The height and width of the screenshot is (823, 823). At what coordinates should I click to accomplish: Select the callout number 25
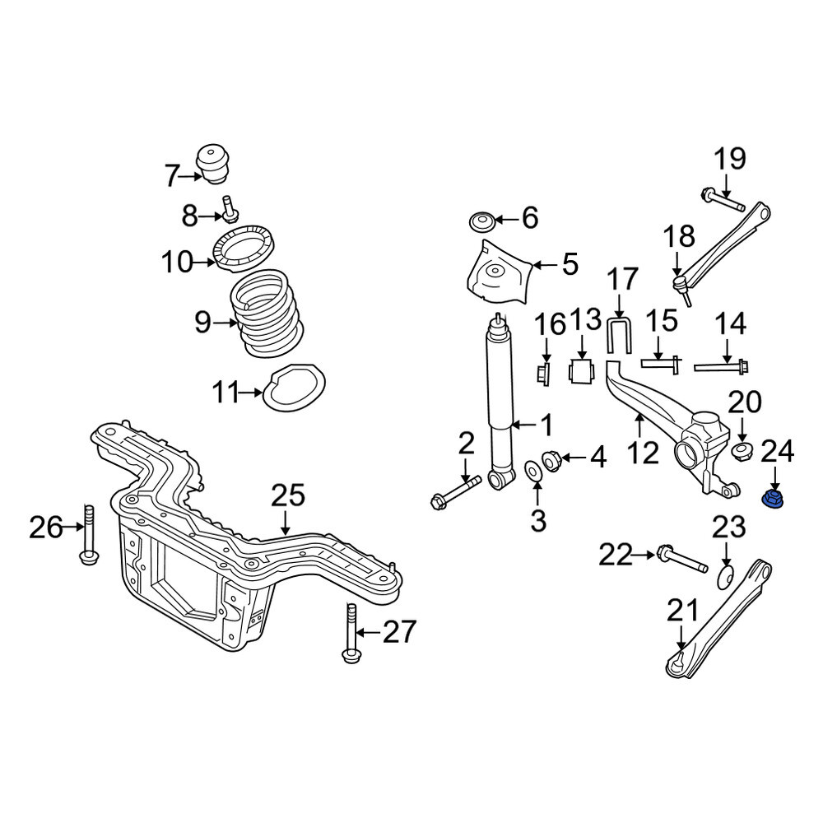click(288, 496)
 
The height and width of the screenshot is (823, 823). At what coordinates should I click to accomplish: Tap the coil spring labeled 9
click(267, 314)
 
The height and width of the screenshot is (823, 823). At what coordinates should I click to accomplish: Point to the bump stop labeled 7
click(214, 163)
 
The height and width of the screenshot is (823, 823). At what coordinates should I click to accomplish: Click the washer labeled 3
click(534, 469)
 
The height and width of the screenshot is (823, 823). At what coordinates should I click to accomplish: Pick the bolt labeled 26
click(89, 534)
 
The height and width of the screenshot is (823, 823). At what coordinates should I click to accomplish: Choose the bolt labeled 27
click(351, 634)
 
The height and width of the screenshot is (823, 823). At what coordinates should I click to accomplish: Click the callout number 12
click(643, 453)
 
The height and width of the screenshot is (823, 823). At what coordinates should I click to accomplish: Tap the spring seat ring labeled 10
click(244, 248)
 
